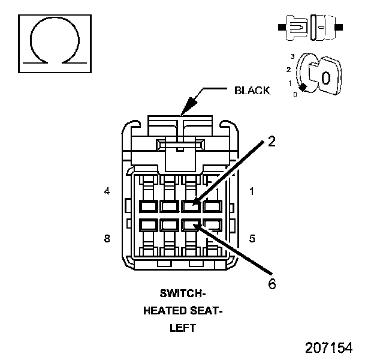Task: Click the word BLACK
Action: click(x=252, y=91)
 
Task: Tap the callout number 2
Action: click(x=272, y=142)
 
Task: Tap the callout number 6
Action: click(x=272, y=284)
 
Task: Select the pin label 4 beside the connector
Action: click(x=107, y=192)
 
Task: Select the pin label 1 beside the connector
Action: click(x=252, y=192)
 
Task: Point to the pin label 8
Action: click(x=107, y=238)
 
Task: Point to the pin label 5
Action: click(x=252, y=238)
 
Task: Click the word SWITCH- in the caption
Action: click(x=183, y=294)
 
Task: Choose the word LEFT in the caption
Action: click(x=183, y=328)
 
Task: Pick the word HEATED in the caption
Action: click(x=165, y=311)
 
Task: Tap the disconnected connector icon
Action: click(x=310, y=27)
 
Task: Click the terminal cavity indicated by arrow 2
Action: click(x=191, y=206)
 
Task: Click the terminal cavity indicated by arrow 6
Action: click(x=191, y=225)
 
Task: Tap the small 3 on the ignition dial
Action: click(x=292, y=56)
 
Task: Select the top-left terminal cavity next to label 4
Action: click(x=148, y=206)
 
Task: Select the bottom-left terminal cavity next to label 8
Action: click(x=148, y=225)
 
